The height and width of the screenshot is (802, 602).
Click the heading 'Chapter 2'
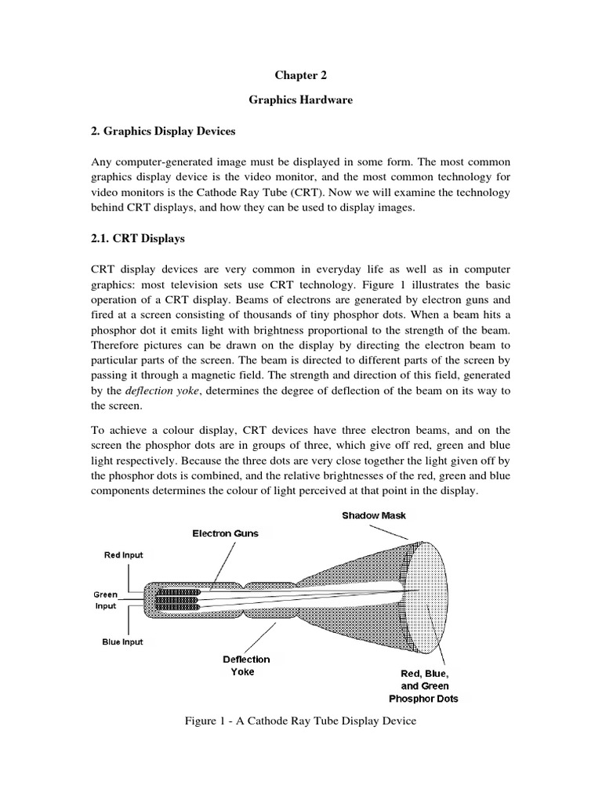point(300,75)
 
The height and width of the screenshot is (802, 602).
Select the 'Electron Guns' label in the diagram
point(226,533)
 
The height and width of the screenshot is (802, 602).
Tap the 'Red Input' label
point(124,555)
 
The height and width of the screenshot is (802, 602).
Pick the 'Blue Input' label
point(122,641)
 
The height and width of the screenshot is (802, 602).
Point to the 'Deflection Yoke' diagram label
point(246,665)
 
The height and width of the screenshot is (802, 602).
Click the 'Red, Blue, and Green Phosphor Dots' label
point(424,685)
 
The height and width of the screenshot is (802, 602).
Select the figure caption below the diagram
point(300,721)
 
